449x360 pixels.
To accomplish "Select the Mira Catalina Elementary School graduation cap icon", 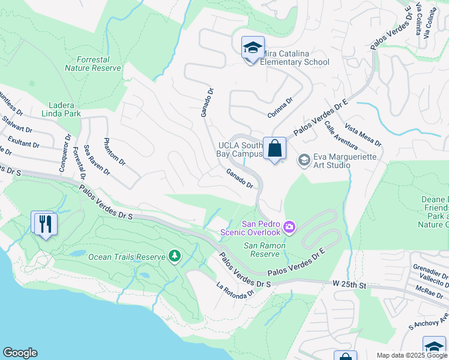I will pos(253,47).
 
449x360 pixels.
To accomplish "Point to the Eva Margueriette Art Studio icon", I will pos(304,160).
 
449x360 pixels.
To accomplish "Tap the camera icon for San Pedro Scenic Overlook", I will pos(289,226).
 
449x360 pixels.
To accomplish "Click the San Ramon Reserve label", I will pos(264,250).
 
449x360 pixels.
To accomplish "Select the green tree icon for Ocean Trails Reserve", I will pos(174,256).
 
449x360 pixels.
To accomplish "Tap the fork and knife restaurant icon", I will pos(45,224).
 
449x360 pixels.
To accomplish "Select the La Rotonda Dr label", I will pos(235,290).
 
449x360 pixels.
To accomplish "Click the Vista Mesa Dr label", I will pos(363,136).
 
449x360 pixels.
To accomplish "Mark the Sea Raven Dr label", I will pos(97,160).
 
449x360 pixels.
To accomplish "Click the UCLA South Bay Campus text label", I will pos(240,149).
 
